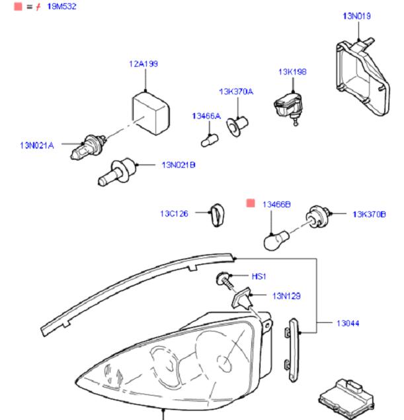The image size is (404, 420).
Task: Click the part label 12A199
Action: click(x=143, y=64)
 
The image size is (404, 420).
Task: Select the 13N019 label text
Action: click(x=356, y=16)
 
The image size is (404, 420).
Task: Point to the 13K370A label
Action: click(x=236, y=92)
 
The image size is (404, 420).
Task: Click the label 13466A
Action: click(x=206, y=116)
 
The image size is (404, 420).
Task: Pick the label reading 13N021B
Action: click(x=179, y=164)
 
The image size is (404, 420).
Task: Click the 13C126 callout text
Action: click(x=174, y=213)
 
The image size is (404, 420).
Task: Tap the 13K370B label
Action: click(x=369, y=214)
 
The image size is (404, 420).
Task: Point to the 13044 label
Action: click(x=347, y=324)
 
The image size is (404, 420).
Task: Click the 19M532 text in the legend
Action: click(x=61, y=6)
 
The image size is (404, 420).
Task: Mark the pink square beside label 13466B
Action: click(x=251, y=203)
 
